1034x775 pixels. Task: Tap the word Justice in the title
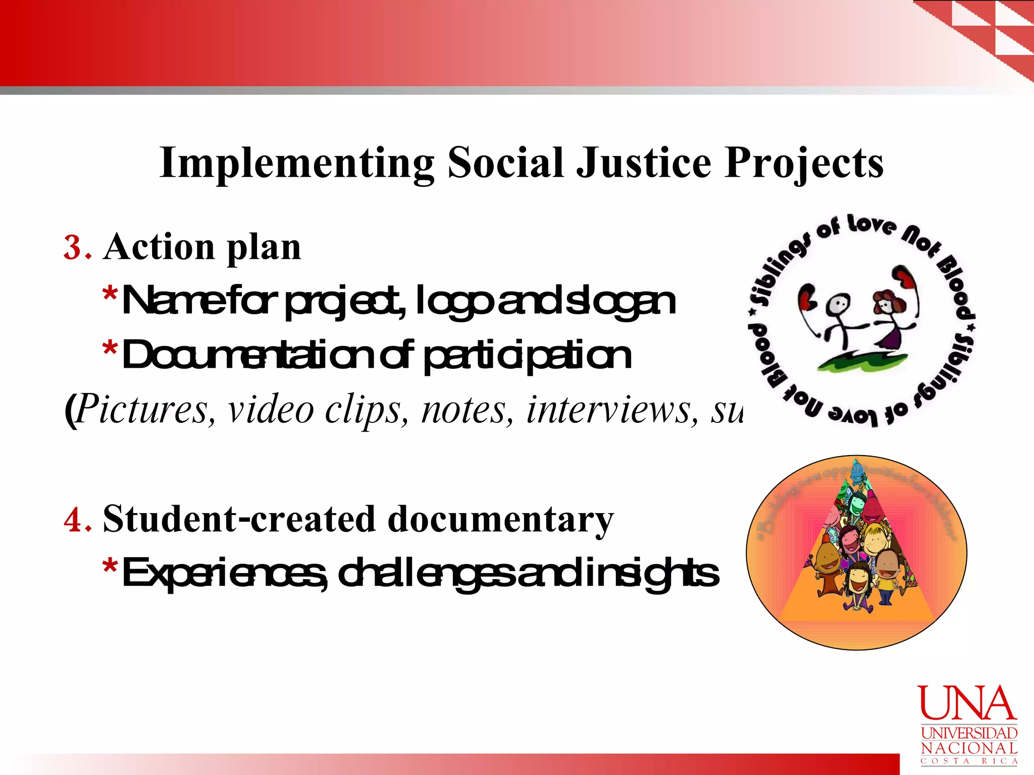[644, 163]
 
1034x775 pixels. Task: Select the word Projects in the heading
[804, 163]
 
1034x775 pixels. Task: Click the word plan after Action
[264, 248]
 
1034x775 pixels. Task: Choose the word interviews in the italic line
[609, 410]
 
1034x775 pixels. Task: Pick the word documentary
[500, 520]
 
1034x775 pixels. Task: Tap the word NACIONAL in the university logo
[969, 748]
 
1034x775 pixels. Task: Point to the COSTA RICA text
[969, 761]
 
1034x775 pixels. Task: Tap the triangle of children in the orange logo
[856, 550]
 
